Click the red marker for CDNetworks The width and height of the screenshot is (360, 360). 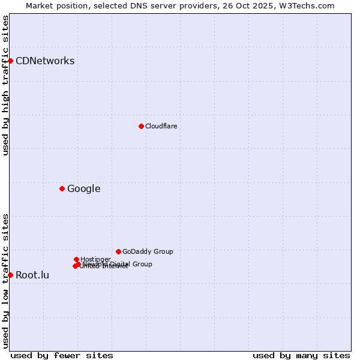[x=10, y=61]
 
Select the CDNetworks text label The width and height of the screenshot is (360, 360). [x=45, y=61]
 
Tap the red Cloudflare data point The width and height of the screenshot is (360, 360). [x=141, y=126]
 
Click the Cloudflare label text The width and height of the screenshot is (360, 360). [x=161, y=126]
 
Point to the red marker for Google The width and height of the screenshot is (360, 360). [x=62, y=188]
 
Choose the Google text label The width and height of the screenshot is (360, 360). [x=83, y=189]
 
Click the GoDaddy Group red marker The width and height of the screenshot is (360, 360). [x=118, y=251]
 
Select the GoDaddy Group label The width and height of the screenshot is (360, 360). [x=148, y=251]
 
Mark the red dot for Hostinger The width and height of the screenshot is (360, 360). [x=76, y=259]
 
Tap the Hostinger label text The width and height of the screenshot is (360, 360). [x=95, y=259]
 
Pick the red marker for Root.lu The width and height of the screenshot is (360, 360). [x=10, y=275]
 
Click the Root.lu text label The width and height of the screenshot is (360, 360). [x=32, y=275]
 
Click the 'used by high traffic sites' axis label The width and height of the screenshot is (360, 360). [x=5, y=85]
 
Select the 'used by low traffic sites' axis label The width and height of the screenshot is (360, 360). [x=5, y=281]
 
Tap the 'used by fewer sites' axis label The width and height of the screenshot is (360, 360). [x=62, y=355]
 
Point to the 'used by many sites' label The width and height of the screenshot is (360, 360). [x=301, y=355]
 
